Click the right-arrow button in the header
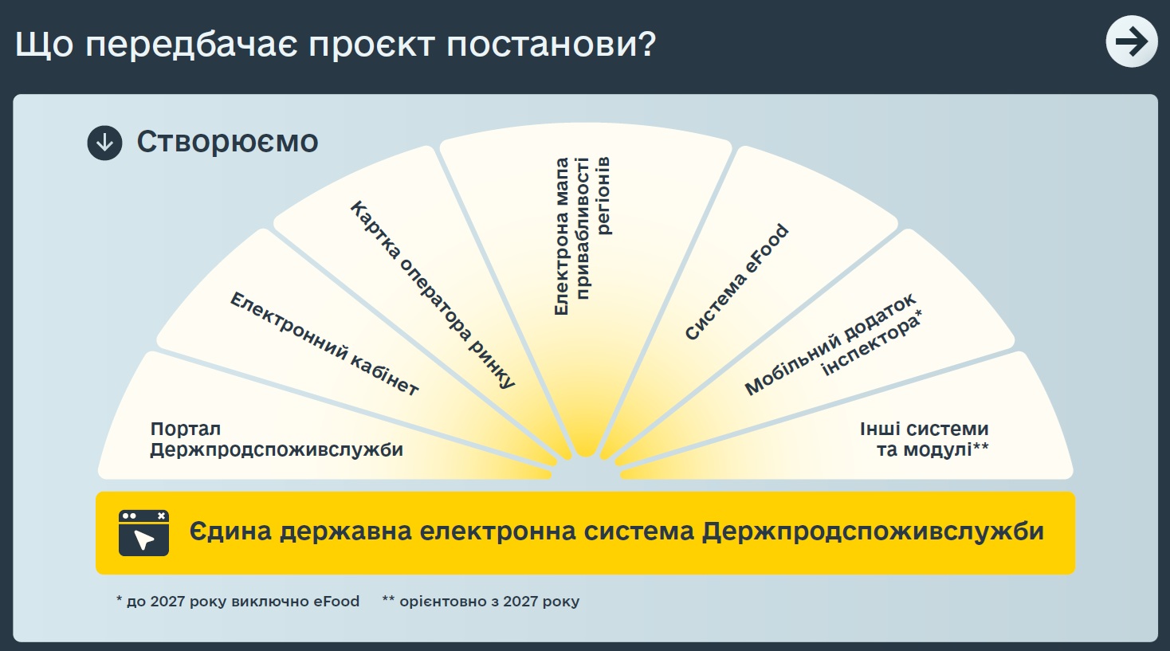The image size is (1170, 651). pyautogui.click(x=1132, y=41)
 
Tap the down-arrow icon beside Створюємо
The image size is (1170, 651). pyautogui.click(x=104, y=143)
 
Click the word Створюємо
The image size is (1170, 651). pyautogui.click(x=227, y=142)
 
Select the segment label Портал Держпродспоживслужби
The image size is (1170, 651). pyautogui.click(x=277, y=439)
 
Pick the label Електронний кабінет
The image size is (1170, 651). pyautogui.click(x=324, y=343)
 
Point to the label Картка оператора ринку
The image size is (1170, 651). pyautogui.click(x=433, y=295)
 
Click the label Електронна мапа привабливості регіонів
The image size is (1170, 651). pyautogui.click(x=582, y=236)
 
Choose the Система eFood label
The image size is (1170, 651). pyautogui.click(x=736, y=282)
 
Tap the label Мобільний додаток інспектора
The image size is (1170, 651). pyautogui.click(x=834, y=343)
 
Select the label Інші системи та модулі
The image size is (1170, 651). pyautogui.click(x=924, y=439)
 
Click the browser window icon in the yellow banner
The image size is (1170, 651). pyautogui.click(x=143, y=532)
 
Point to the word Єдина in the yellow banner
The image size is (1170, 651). pyautogui.click(x=230, y=531)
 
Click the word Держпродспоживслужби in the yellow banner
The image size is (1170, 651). pyautogui.click(x=872, y=532)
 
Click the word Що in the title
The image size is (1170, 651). pyautogui.click(x=45, y=44)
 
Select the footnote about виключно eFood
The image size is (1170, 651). pyautogui.click(x=238, y=602)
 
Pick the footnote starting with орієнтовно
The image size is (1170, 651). pyautogui.click(x=481, y=602)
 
